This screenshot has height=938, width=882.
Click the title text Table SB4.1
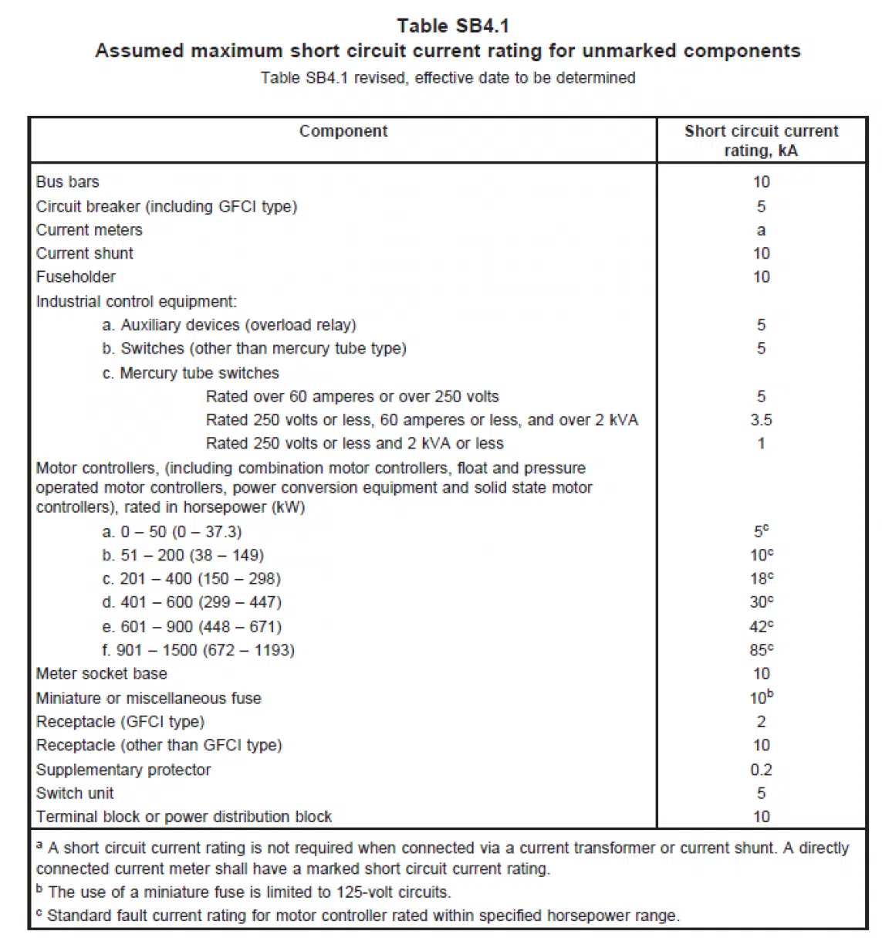tap(453, 26)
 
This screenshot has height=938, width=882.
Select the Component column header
tap(343, 131)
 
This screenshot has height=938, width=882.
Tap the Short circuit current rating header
tap(761, 141)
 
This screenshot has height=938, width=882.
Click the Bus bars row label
tap(68, 182)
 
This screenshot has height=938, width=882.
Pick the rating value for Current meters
tap(761, 230)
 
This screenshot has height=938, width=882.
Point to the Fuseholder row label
tap(76, 277)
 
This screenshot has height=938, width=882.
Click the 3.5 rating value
tap(761, 420)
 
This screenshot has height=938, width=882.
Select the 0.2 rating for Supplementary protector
tap(761, 770)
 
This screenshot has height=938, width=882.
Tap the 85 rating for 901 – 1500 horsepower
tap(760, 650)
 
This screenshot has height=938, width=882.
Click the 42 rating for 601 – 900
tap(760, 627)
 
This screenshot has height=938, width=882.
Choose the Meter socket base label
tap(101, 674)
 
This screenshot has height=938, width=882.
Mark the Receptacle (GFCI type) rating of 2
tap(761, 722)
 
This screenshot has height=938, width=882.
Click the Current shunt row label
tap(85, 253)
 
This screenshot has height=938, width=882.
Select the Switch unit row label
tap(75, 793)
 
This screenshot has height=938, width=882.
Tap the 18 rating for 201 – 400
tap(760, 579)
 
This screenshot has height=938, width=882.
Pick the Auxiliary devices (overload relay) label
tap(229, 325)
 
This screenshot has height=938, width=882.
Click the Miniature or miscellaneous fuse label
tap(149, 699)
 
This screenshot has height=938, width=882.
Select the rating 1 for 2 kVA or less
tap(761, 444)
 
